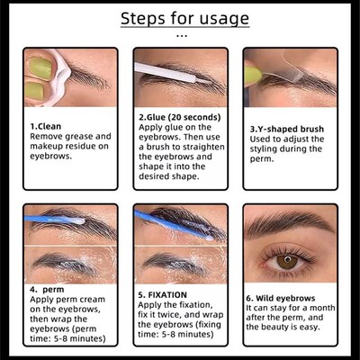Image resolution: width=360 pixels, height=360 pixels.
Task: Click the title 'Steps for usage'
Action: click(180, 18)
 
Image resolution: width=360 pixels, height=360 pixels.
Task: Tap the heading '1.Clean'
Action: click(46, 126)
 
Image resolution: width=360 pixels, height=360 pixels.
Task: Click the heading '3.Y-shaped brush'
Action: click(287, 129)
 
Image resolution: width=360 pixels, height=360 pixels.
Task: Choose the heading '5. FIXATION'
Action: click(167, 292)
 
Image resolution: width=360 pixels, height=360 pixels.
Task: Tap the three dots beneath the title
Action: click(180, 36)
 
